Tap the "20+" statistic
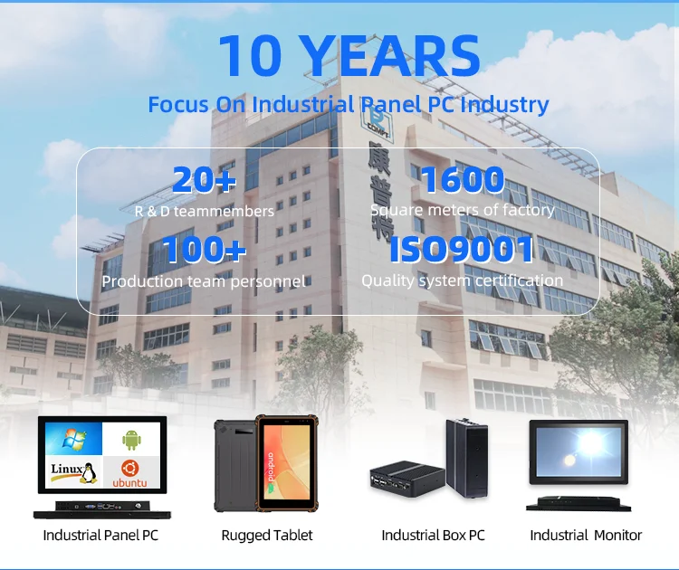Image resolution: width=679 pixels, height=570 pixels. [x=205, y=180]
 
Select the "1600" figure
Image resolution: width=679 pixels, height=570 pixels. [x=462, y=179]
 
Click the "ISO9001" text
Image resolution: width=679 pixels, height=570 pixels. [x=462, y=250]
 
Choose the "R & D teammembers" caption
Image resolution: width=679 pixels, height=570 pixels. [x=205, y=211]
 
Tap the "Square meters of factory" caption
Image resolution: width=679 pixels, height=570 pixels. [x=462, y=210]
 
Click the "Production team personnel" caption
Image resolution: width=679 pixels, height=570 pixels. [x=204, y=280]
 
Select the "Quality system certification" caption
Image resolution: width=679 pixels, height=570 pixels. [x=462, y=280]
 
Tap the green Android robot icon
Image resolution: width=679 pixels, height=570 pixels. [x=131, y=439]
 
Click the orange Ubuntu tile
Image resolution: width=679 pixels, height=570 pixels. [x=130, y=473]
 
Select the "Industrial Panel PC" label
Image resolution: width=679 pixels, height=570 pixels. [x=100, y=535]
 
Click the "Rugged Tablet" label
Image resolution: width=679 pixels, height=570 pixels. [x=267, y=535]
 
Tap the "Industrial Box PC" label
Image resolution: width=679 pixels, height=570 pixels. [x=433, y=535]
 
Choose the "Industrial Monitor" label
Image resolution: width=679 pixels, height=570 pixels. [x=586, y=535]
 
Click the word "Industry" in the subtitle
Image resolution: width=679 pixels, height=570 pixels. [x=504, y=104]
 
